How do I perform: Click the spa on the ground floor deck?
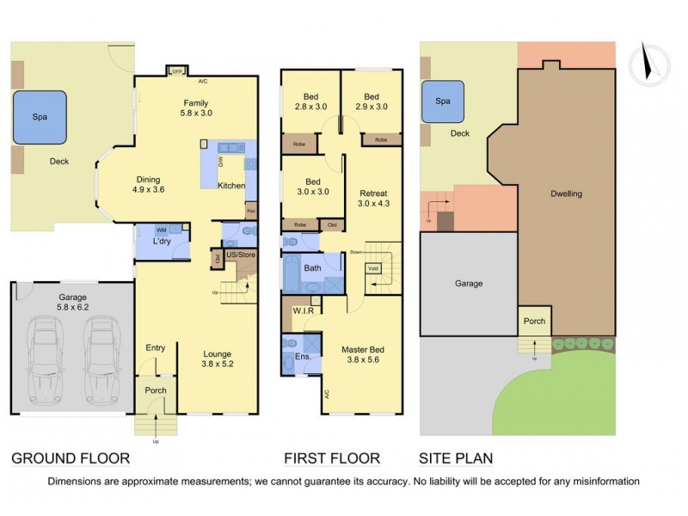pos(40,117)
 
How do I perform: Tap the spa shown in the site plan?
pos(443,101)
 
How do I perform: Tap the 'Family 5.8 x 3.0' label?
pos(196,107)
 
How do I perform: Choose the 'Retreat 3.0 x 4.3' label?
pos(373,199)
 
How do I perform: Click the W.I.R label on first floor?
pos(302,310)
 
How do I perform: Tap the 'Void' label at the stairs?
pos(373,268)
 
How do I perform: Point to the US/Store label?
pos(241,255)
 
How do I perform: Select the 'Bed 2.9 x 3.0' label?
pos(371,101)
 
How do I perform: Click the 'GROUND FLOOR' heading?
pos(70,458)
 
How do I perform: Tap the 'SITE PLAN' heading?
pos(456,458)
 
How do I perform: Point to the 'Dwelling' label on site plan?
pos(566,193)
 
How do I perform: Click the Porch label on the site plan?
pos(533,322)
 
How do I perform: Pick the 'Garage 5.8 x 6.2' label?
pos(71,301)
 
